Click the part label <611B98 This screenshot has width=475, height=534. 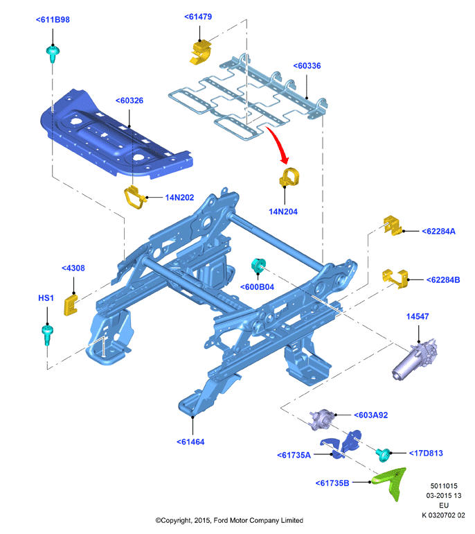tap(53, 19)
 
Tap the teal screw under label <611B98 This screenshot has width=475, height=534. tap(53, 53)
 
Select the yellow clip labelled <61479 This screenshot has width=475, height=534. tap(200, 52)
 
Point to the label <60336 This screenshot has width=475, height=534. tap(307, 66)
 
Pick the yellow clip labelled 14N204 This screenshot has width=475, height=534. tap(289, 177)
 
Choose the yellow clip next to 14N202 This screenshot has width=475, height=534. tap(135, 197)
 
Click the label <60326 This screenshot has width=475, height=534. tap(129, 101)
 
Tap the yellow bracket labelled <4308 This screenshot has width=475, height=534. tap(71, 305)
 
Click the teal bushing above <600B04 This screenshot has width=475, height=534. tap(258, 266)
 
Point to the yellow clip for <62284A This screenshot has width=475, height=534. tap(393, 225)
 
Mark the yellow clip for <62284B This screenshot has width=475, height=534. tap(395, 278)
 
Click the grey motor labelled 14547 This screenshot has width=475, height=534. tap(415, 359)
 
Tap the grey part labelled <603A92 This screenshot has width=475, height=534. tap(321, 420)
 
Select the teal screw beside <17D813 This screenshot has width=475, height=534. tap(383, 455)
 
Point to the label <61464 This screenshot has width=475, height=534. tap(190, 442)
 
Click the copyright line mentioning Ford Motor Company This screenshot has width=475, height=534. tap(229, 520)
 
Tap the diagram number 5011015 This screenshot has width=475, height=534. tap(444, 486)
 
